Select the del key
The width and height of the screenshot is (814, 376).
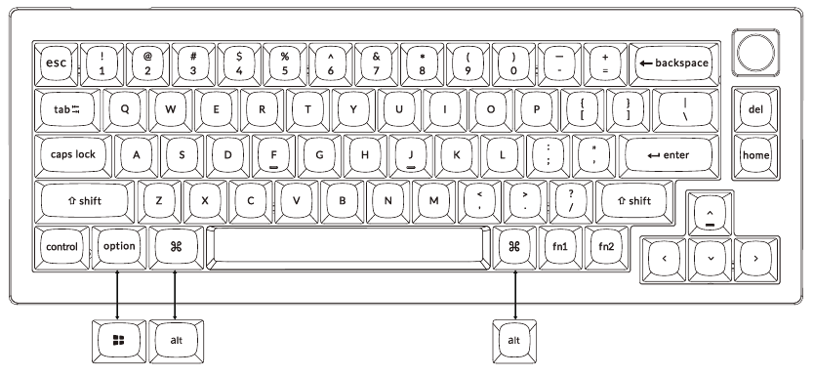tap(754, 109)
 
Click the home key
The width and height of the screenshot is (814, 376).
tap(754, 155)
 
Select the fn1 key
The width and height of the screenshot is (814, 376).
tap(559, 247)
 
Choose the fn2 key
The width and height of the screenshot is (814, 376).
tap(606, 247)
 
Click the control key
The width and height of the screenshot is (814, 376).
tap(61, 247)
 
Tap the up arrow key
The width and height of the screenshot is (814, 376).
tap(710, 214)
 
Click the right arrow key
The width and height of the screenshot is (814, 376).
tap(755, 260)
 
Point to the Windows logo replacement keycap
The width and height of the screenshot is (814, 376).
tap(118, 339)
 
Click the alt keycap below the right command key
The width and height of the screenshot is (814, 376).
tap(513, 339)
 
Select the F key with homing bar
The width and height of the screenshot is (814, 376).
tap(272, 153)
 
